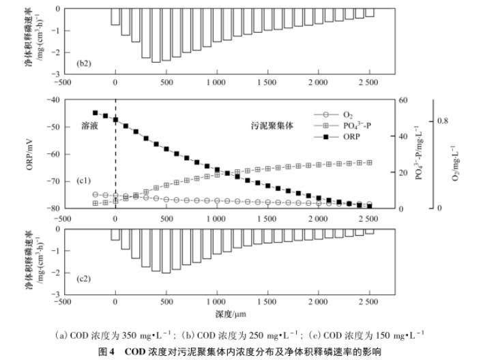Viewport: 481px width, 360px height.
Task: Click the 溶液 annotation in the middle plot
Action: [x=91, y=126]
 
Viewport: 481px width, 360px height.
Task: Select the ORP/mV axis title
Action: [x=30, y=154]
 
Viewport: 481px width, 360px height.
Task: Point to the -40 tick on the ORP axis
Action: [x=52, y=100]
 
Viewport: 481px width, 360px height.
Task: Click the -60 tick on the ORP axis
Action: [x=52, y=154]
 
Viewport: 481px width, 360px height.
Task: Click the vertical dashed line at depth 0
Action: [x=115, y=164]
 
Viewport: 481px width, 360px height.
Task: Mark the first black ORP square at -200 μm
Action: [x=96, y=113]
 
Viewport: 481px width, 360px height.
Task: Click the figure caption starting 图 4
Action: [x=240, y=350]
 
